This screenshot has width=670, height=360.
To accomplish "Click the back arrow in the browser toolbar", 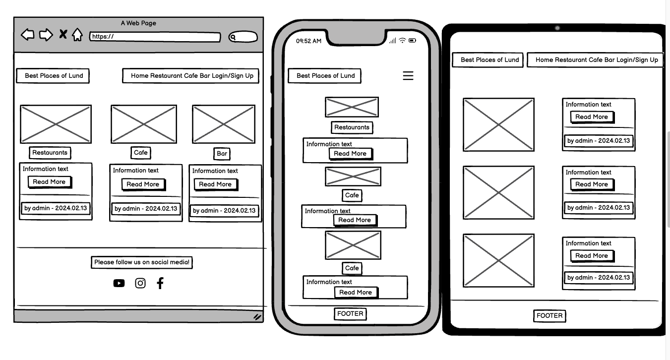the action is click(x=28, y=35).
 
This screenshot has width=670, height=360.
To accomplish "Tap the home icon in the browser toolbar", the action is click(x=77, y=35).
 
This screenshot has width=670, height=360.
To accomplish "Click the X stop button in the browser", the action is click(x=63, y=34).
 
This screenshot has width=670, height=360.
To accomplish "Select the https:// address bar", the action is click(x=155, y=37).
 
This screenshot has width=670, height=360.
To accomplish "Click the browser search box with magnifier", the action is click(x=243, y=37).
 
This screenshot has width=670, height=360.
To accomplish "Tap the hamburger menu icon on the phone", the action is click(x=408, y=75).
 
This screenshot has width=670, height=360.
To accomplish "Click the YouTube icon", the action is click(x=119, y=283).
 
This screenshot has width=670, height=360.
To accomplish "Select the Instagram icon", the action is click(x=140, y=283).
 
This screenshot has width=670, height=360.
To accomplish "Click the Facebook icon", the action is click(x=160, y=283).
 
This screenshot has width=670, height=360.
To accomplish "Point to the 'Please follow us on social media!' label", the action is click(x=141, y=262).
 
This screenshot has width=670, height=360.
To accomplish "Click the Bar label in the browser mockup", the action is click(x=222, y=154).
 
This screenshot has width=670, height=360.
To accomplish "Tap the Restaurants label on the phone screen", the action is click(x=352, y=127).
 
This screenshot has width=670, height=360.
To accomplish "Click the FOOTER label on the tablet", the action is click(x=549, y=316).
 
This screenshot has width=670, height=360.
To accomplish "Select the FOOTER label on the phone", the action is click(x=350, y=314).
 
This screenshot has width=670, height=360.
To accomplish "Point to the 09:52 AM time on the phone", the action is click(x=308, y=41).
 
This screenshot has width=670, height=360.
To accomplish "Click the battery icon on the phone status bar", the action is click(x=413, y=40).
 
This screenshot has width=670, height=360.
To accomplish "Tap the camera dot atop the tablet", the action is click(x=557, y=28).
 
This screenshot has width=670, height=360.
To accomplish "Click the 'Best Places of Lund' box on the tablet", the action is click(x=489, y=60).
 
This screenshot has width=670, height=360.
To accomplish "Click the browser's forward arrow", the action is click(x=46, y=35).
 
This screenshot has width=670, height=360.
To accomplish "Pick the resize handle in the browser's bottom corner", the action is click(x=257, y=317).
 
